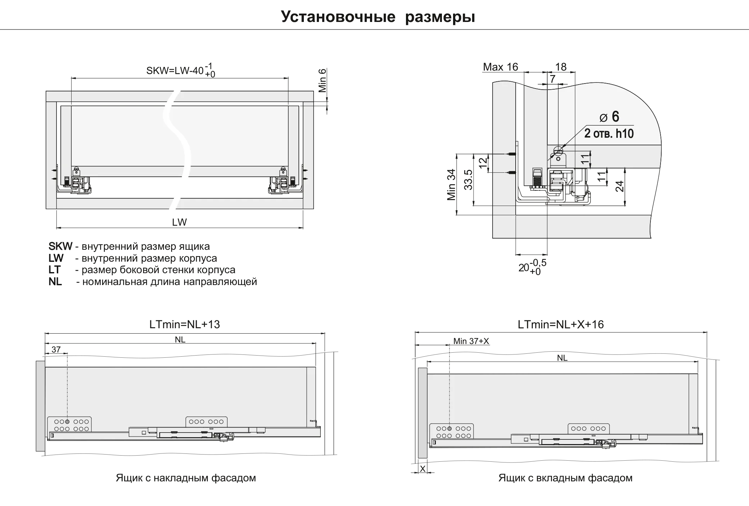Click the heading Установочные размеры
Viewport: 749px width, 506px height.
(x=378, y=17)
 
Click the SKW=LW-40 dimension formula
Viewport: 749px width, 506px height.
(x=181, y=70)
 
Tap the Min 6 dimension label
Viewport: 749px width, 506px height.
(x=322, y=80)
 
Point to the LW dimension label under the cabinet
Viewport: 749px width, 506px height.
(x=179, y=222)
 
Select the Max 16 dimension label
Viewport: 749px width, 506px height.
(x=501, y=67)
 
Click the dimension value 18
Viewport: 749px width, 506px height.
(x=561, y=67)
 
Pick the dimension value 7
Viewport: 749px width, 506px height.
(x=553, y=78)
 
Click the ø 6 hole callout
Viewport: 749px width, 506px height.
(x=609, y=117)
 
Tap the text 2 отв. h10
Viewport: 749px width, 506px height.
(x=609, y=134)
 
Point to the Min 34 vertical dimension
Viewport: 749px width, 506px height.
(x=451, y=185)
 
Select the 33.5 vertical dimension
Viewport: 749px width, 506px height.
(x=468, y=180)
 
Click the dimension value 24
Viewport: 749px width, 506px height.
(x=620, y=186)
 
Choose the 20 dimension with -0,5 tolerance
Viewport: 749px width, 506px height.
(x=532, y=267)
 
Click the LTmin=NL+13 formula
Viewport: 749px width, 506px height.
(x=184, y=325)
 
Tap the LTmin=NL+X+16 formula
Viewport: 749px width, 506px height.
(x=561, y=325)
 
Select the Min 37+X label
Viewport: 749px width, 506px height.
(x=471, y=341)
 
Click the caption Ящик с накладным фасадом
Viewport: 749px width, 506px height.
(x=186, y=478)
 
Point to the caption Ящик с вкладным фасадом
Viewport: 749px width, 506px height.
(x=565, y=478)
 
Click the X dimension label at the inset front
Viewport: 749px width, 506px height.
(x=423, y=469)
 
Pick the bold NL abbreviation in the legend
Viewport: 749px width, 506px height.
(x=55, y=281)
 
